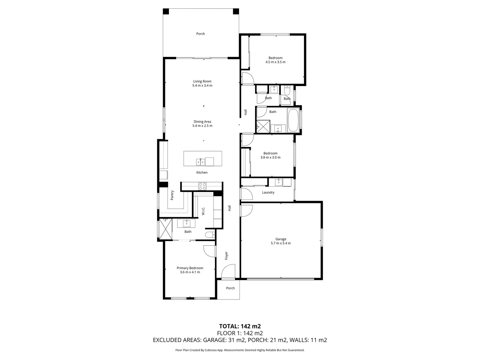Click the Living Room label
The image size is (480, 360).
pyautogui.click(x=202, y=81)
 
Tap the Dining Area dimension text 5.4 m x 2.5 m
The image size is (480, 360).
pyautogui.click(x=202, y=126)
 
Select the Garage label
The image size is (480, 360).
pyautogui.click(x=281, y=239)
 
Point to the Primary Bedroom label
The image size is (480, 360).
pyautogui.click(x=190, y=268)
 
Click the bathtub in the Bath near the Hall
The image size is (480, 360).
pyautogui.click(x=293, y=120)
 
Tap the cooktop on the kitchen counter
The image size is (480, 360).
pyautogui.click(x=202, y=186)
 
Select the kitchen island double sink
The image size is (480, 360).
pyautogui.click(x=201, y=162)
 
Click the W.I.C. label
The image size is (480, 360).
pyautogui.click(x=203, y=211)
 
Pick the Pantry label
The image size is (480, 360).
pyautogui.click(x=172, y=195)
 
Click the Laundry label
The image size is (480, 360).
pyautogui.click(x=268, y=193)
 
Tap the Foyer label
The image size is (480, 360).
pyautogui.click(x=226, y=256)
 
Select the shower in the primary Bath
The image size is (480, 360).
pyautogui.click(x=165, y=229)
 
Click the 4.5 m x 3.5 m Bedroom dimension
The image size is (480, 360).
pyautogui.click(x=275, y=62)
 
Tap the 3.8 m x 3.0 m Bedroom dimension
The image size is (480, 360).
pyautogui.click(x=270, y=158)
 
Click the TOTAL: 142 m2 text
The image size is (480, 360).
pyautogui.click(x=240, y=326)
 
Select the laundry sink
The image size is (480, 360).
pyautogui.click(x=279, y=182)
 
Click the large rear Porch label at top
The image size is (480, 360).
pyautogui.click(x=201, y=34)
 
